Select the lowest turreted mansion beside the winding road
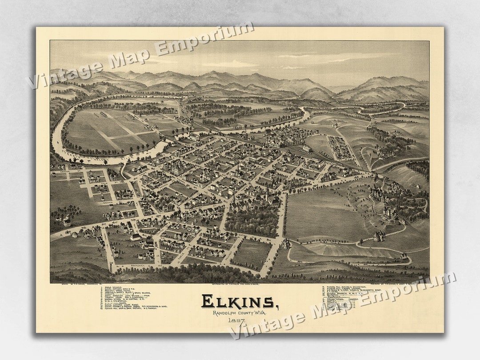point(379,236)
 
